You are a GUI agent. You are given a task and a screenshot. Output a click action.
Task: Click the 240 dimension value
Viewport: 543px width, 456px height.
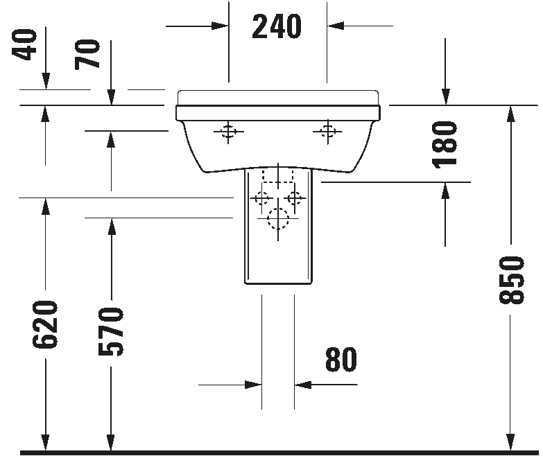coord(277,26)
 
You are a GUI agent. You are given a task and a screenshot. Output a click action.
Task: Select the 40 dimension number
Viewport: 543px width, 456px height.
coord(24,44)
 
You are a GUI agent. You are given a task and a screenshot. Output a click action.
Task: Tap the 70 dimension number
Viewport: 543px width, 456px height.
coord(87,54)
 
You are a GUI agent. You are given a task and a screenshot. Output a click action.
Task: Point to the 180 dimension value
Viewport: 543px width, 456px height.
coord(445,145)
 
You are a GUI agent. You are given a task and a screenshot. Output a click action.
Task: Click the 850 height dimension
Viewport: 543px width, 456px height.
coord(512,280)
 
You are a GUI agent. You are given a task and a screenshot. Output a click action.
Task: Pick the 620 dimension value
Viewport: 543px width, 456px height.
coord(45,324)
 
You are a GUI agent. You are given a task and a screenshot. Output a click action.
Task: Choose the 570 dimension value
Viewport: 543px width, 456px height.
coord(111,332)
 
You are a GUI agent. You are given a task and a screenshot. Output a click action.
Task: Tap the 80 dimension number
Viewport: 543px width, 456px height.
coord(341,360)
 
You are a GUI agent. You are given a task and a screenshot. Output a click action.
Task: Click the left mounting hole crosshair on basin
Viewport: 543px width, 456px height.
coord(228,132)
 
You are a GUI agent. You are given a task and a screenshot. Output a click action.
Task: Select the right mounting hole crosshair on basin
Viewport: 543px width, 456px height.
coord(327,132)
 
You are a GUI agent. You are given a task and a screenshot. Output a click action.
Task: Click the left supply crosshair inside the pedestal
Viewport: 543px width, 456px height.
coord(261,199)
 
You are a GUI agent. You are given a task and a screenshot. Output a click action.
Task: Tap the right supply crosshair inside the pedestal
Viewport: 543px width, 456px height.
coord(295,199)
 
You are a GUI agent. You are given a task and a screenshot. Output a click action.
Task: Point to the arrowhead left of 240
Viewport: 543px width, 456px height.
coord(220,26)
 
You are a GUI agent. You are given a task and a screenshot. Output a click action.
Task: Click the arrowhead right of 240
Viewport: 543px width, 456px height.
coord(335,26)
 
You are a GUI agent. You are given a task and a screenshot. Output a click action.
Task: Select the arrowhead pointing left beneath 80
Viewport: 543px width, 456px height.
coord(302,385)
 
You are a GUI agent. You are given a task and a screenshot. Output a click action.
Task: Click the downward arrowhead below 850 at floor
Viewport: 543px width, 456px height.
coord(511,443)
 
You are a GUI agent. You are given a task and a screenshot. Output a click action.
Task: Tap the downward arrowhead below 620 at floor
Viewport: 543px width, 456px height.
coord(45,443)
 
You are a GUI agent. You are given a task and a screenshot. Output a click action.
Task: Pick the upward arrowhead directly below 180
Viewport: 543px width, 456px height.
coord(445,191)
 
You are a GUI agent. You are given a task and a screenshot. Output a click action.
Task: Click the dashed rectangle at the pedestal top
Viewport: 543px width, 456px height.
coord(278,177)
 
